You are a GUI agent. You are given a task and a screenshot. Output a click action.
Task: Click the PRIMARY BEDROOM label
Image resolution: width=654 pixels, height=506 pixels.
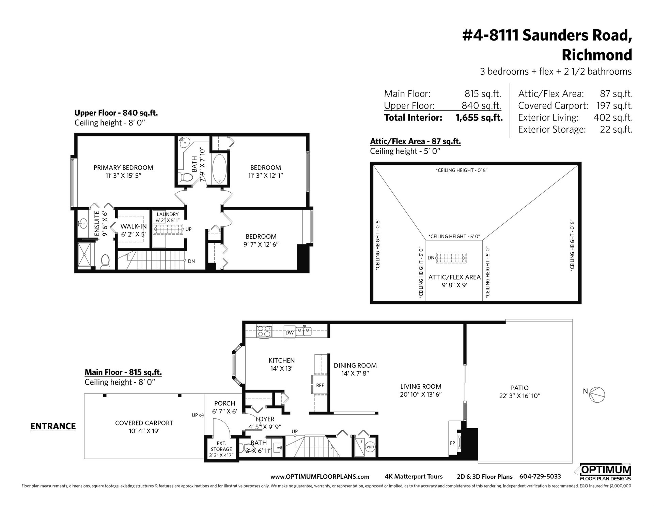[123, 168]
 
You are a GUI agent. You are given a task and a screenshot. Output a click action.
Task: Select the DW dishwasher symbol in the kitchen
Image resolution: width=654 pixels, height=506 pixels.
[290, 333]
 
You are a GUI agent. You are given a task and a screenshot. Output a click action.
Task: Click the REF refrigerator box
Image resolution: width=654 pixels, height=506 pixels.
[320, 386]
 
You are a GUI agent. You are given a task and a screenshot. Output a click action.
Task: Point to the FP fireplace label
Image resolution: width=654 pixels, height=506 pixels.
[452, 443]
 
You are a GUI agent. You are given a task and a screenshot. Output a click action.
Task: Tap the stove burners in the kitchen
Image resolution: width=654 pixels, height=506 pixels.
[264, 332]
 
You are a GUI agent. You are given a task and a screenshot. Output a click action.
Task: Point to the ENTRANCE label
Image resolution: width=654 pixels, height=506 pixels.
[53, 426]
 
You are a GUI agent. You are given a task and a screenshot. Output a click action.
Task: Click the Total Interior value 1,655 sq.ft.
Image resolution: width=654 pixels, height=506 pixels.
[479, 118]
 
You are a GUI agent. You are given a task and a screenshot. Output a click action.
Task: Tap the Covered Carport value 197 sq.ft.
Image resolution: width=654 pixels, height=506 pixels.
[614, 106]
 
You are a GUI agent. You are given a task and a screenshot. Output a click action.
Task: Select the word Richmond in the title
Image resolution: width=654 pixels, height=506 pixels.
[597, 55]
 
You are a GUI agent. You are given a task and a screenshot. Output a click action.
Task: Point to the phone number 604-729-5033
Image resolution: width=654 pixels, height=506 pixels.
[540, 477]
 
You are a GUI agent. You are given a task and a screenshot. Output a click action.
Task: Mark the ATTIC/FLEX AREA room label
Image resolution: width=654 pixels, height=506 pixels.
[454, 277]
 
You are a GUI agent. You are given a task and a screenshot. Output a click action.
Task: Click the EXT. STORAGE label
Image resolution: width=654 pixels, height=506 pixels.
[221, 447]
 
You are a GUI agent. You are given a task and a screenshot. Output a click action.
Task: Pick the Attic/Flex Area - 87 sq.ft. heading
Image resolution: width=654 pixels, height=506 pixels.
[415, 141]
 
